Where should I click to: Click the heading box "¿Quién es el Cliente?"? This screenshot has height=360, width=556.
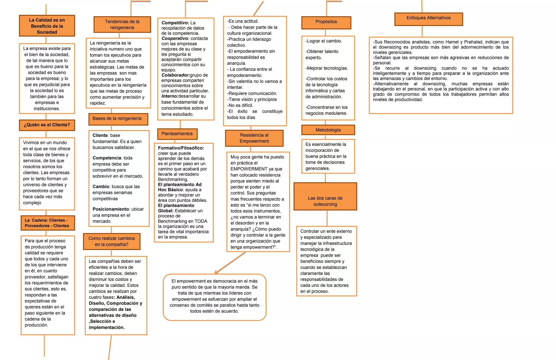47,125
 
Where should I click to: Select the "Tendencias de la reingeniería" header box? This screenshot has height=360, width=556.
122,24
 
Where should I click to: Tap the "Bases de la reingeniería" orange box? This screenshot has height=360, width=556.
118,119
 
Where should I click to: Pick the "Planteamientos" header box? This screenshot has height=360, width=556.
177,134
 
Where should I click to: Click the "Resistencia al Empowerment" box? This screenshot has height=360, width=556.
254,138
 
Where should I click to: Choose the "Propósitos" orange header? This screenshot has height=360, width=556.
326,23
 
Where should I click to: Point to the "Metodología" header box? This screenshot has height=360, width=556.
328,130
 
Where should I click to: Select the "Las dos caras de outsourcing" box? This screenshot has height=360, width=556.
325,196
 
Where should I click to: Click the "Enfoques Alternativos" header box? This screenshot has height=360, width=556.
428,19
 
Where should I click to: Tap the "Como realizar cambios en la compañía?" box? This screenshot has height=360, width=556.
112,241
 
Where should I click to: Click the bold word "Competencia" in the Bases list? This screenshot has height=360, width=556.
107,158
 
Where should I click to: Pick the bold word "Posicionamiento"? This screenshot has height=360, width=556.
110,209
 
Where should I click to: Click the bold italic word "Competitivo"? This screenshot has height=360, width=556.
175,23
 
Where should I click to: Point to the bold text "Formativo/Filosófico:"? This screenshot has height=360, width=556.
181,148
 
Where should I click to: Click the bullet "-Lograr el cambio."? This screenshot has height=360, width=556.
324,41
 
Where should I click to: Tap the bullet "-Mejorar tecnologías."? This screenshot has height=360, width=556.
327,68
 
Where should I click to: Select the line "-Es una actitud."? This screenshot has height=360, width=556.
243,21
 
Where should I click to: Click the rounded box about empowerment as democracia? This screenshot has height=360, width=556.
214,297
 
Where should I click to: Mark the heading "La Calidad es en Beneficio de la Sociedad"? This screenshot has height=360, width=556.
47,26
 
